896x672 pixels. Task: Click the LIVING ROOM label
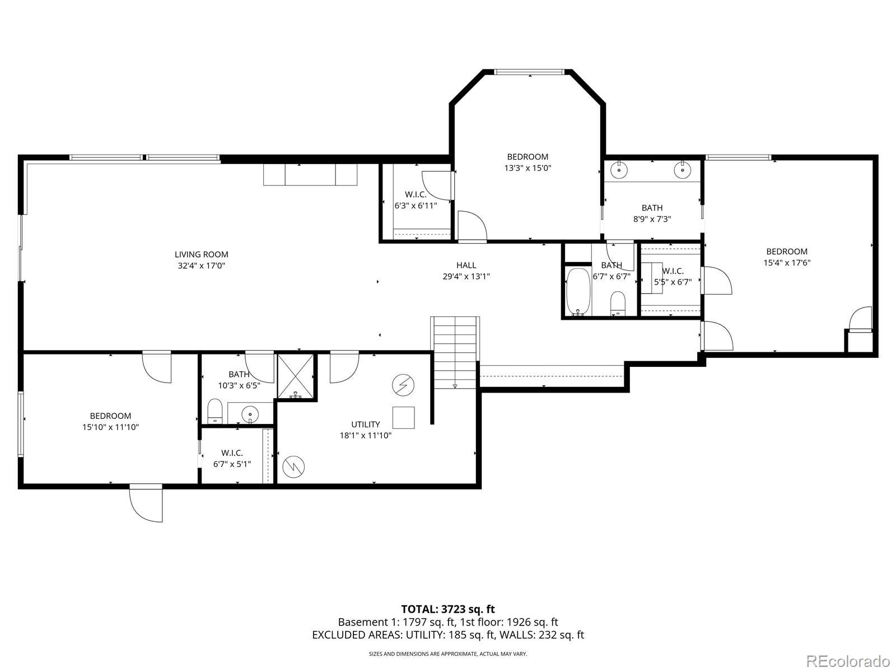(x=201, y=255)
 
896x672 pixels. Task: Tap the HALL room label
(x=466, y=265)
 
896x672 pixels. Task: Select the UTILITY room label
(x=365, y=424)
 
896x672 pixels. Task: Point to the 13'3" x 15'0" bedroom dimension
(x=528, y=167)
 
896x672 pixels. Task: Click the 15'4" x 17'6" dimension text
(x=787, y=263)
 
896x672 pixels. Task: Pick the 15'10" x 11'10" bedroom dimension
(x=110, y=427)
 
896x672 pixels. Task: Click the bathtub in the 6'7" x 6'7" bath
(x=578, y=292)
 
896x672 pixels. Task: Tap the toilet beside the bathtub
(x=618, y=304)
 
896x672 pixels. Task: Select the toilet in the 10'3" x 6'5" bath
(x=214, y=411)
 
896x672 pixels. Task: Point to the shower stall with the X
(x=296, y=376)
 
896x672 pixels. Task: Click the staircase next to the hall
(x=455, y=353)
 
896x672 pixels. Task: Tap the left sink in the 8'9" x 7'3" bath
(x=620, y=170)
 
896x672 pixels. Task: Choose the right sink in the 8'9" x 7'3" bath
(x=682, y=170)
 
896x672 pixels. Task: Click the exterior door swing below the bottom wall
(x=146, y=505)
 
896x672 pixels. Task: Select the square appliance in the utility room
(x=404, y=417)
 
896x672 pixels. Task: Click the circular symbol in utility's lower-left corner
(x=294, y=466)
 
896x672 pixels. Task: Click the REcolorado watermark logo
(x=848, y=660)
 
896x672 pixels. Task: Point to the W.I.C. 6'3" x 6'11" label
(x=416, y=200)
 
